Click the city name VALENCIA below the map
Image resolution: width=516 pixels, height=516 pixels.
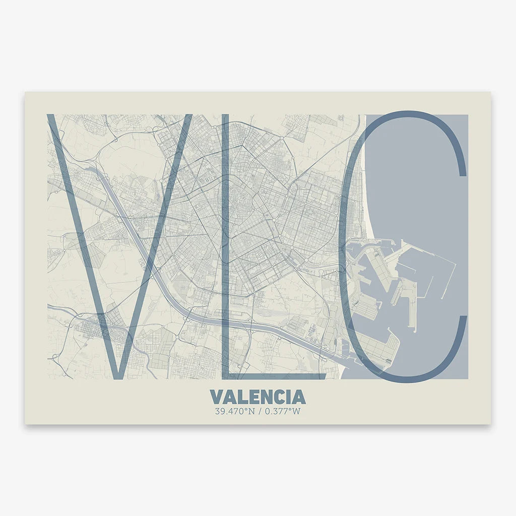[257, 397]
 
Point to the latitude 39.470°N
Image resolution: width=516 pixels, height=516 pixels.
[234, 411]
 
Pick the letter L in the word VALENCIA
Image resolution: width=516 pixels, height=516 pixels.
[239, 397]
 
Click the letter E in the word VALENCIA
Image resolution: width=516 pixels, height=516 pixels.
[250, 397]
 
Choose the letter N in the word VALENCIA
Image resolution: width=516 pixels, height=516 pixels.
[263, 397]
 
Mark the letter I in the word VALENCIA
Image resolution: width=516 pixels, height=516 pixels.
[286, 397]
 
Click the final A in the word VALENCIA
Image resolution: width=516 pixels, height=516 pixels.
[298, 397]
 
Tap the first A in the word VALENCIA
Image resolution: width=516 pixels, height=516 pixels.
[228, 397]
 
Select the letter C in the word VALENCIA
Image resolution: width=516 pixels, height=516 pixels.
[276, 397]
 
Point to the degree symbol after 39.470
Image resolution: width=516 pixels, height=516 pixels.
[245, 409]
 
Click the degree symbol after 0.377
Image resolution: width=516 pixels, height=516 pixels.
[291, 409]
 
